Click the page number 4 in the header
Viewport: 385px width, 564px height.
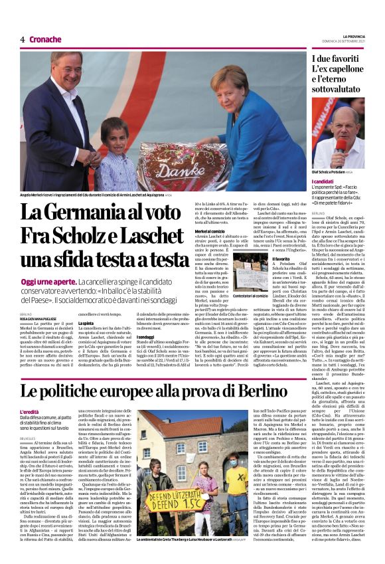point(22,39)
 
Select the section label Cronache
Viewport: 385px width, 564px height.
point(45,39)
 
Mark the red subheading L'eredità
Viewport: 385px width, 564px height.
point(31,412)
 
